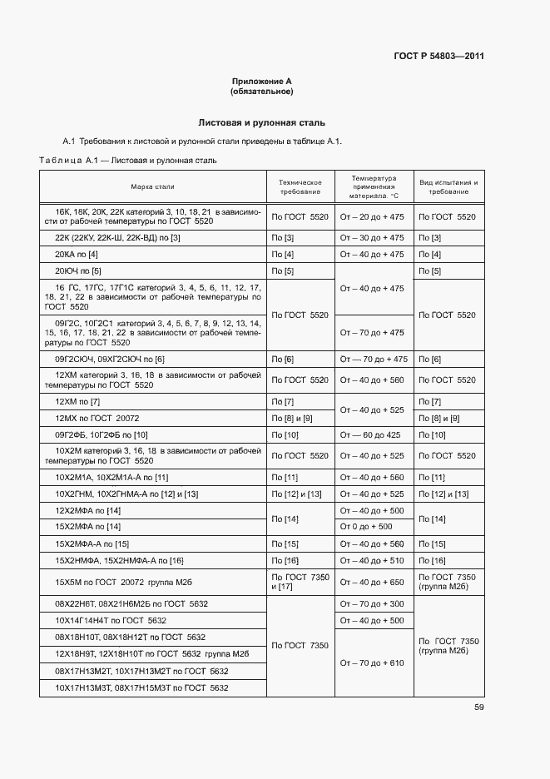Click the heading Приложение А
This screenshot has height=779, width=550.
click(x=261, y=82)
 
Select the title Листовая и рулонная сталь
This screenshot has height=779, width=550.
click(x=261, y=122)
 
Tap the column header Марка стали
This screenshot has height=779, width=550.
click(x=152, y=187)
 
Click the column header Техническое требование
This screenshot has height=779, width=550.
click(x=300, y=187)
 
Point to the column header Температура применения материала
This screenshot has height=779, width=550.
click(x=374, y=187)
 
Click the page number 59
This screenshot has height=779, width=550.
click(x=478, y=707)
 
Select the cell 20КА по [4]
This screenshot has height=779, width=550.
click(x=77, y=254)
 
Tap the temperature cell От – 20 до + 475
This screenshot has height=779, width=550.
click(x=373, y=216)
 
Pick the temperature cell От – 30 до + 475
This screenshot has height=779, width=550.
click(x=373, y=237)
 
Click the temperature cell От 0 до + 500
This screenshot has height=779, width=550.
click(x=367, y=527)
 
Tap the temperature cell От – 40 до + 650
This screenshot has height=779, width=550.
click(x=373, y=583)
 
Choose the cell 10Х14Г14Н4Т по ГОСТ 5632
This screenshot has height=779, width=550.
click(x=111, y=620)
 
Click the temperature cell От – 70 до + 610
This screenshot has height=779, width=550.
click(x=373, y=662)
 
